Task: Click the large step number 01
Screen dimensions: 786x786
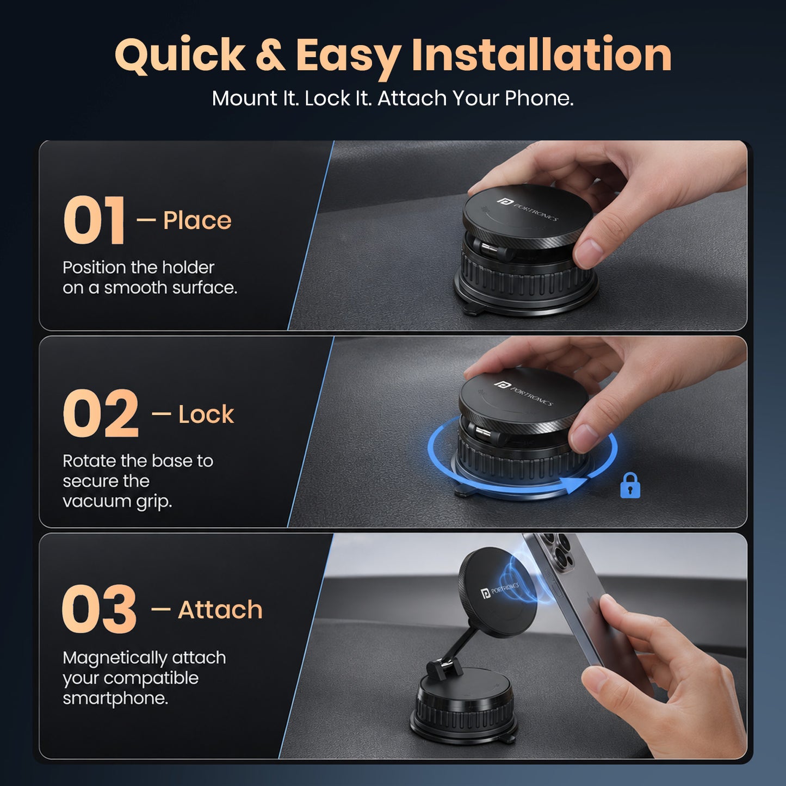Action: [x=94, y=220]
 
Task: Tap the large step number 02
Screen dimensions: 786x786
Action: [x=100, y=413]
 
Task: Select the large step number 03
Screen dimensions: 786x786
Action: [x=98, y=609]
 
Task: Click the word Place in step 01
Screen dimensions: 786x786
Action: [x=197, y=221]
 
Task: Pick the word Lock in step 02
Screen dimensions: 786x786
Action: [x=206, y=414]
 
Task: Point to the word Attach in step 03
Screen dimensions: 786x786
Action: [x=220, y=609]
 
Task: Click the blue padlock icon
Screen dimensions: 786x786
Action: [x=630, y=485]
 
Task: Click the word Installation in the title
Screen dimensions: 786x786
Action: [x=541, y=54]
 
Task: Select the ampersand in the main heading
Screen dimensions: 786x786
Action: [x=270, y=55]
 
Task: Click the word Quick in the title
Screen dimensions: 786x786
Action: [x=180, y=55]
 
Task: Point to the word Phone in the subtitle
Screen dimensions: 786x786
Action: [x=539, y=98]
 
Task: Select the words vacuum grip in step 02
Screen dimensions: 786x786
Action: [x=117, y=502]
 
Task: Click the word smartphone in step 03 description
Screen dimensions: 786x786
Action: [x=115, y=698]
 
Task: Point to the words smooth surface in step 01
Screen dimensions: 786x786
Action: [x=170, y=288]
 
